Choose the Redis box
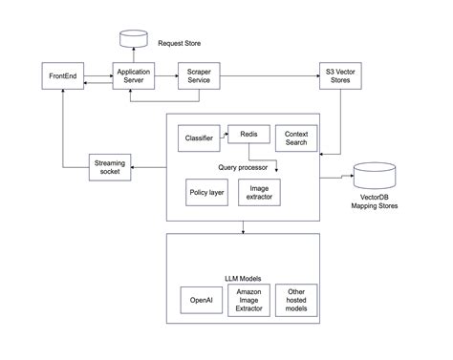pyautogui.click(x=248, y=136)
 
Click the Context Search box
pyautogui.click(x=295, y=138)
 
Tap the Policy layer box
pyautogui.click(x=205, y=192)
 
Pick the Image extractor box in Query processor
pyautogui.click(x=258, y=192)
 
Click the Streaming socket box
pyautogui.click(x=110, y=168)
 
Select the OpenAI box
pyautogui.click(x=201, y=300)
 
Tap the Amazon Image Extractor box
pyautogui.click(x=249, y=300)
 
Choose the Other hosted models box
pyautogui.click(x=297, y=300)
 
